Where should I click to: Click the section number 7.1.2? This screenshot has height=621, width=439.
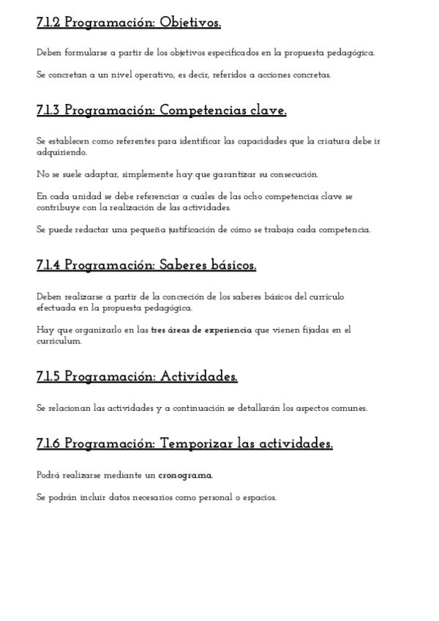(x=48, y=23)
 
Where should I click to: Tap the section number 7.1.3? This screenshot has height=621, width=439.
(x=48, y=111)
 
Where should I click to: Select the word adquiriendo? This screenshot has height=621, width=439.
(x=61, y=152)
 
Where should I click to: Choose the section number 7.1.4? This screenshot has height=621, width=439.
(x=48, y=265)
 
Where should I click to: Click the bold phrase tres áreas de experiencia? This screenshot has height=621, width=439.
(x=201, y=330)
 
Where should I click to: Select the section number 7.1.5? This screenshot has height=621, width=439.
(x=48, y=376)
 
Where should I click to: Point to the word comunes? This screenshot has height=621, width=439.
(x=348, y=407)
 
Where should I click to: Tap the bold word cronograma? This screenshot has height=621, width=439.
(x=186, y=475)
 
